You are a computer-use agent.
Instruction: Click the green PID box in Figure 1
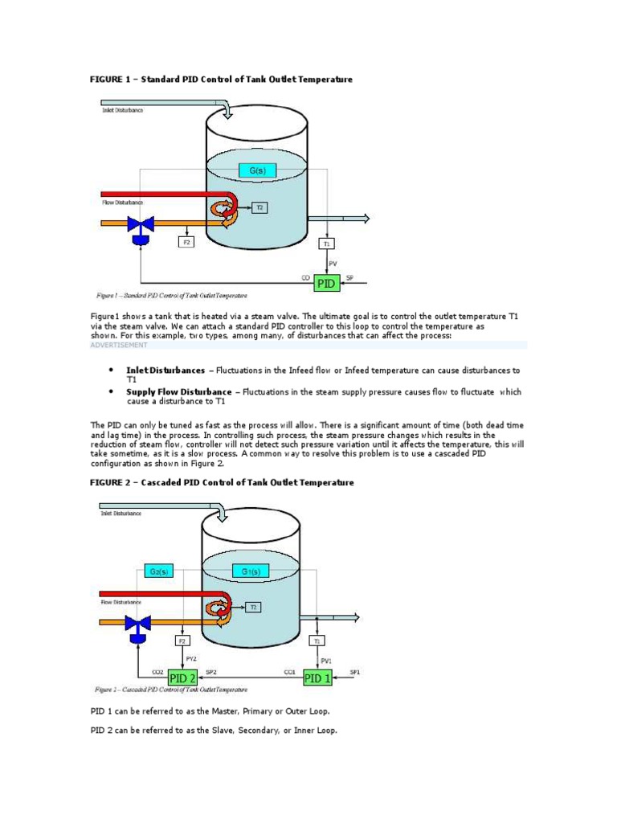click(326, 284)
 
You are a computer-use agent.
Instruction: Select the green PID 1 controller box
click(318, 678)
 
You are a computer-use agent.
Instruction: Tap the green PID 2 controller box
click(183, 678)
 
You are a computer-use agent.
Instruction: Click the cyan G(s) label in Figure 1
click(257, 170)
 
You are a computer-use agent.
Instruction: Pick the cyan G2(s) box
click(159, 571)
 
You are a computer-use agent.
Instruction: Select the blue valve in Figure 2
click(139, 624)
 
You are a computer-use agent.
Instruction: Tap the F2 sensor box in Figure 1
click(186, 241)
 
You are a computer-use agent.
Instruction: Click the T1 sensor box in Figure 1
click(327, 242)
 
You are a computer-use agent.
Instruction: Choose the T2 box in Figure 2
click(252, 607)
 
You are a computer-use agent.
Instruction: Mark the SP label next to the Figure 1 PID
click(349, 277)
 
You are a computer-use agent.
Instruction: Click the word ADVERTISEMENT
click(118, 345)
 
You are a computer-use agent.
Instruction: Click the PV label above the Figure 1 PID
click(333, 262)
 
